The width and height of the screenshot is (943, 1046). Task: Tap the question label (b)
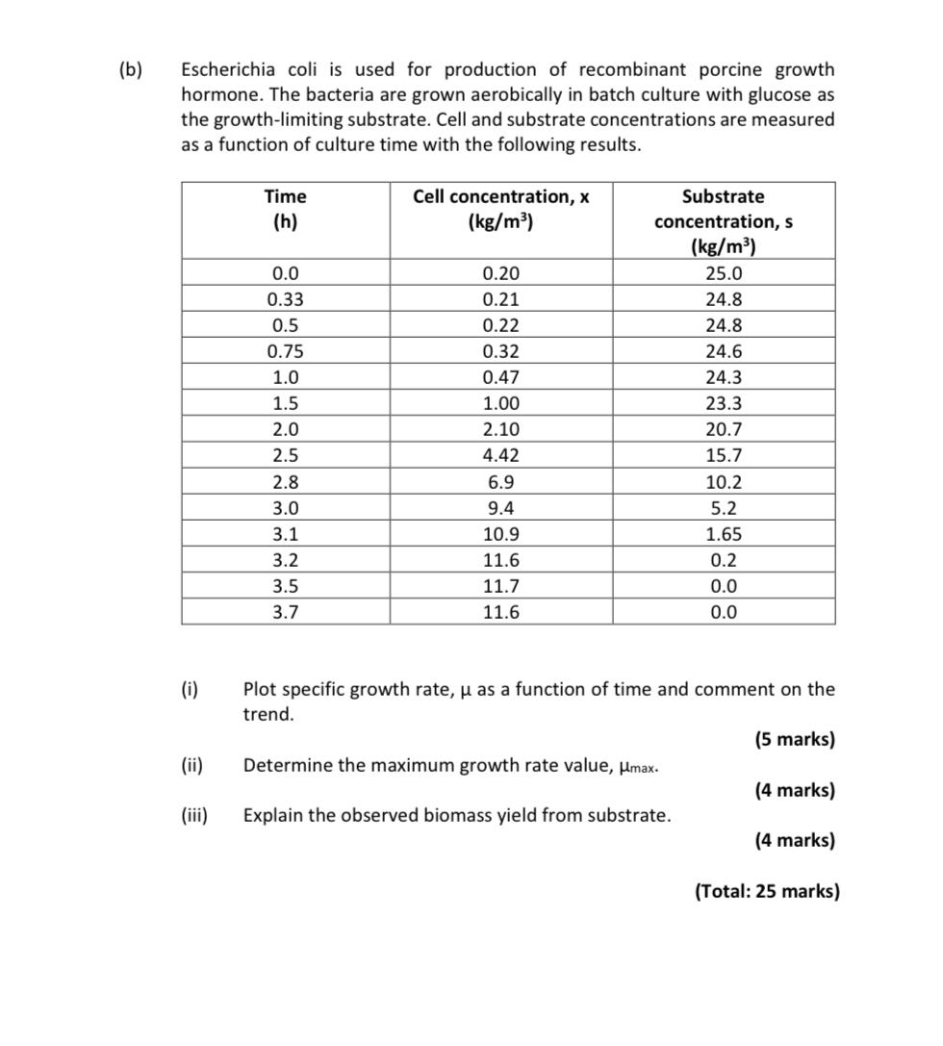pyautogui.click(x=130, y=70)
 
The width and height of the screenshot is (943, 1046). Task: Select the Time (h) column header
pyautogui.click(x=285, y=209)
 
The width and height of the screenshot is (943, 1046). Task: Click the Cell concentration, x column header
pyautogui.click(x=500, y=209)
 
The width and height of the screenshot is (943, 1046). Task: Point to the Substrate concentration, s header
pyautogui.click(x=724, y=221)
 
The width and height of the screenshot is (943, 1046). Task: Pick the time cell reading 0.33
pyautogui.click(x=285, y=299)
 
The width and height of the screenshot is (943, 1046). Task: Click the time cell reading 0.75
pyautogui.click(x=285, y=351)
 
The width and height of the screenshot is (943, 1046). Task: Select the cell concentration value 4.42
pyautogui.click(x=500, y=455)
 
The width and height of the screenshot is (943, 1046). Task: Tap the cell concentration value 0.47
pyautogui.click(x=500, y=377)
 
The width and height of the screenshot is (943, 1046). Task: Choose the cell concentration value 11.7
pyautogui.click(x=500, y=586)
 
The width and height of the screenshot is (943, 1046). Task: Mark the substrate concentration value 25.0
pyautogui.click(x=724, y=273)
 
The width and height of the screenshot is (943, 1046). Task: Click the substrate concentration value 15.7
pyautogui.click(x=724, y=455)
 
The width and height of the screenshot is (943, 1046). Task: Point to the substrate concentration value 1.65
pyautogui.click(x=724, y=534)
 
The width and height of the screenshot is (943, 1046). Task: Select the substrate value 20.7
pyautogui.click(x=724, y=429)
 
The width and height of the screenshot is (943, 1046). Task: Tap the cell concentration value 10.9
pyautogui.click(x=500, y=534)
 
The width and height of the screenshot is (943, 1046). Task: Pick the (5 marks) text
pyautogui.click(x=794, y=740)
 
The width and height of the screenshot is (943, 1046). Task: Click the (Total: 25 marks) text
pyautogui.click(x=767, y=891)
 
